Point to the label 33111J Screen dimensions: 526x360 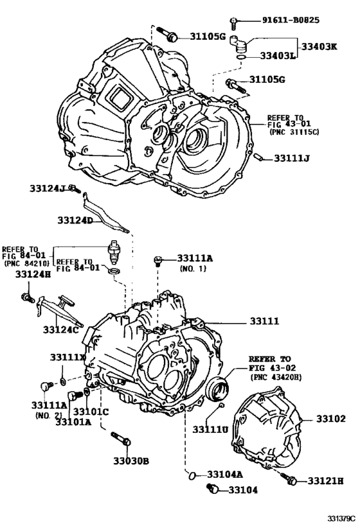pyautogui.click(x=292, y=158)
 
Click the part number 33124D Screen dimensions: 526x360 pyautogui.click(x=75, y=220)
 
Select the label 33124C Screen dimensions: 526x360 pyautogui.click(x=60, y=330)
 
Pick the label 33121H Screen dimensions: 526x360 pyautogui.click(x=325, y=480)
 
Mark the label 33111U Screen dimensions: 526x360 pyautogui.click(x=208, y=430)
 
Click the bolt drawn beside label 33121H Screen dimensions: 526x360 pyautogui.click(x=289, y=478)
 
